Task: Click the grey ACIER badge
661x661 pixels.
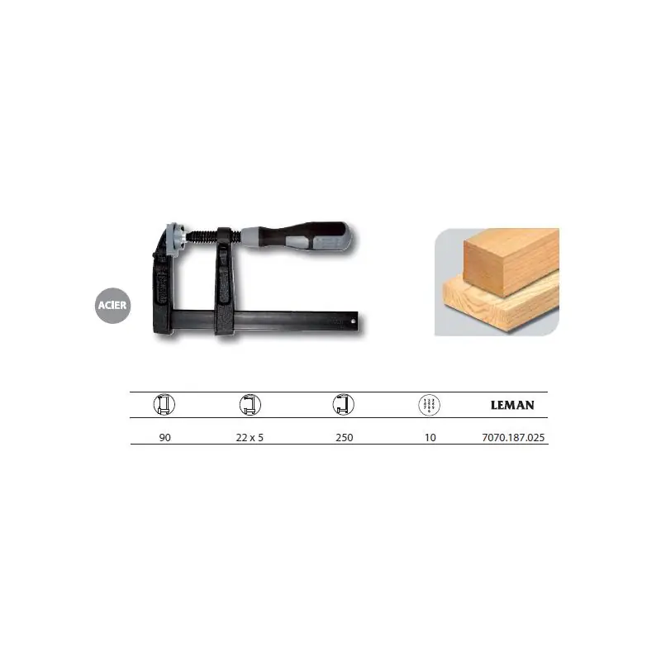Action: pos(112,305)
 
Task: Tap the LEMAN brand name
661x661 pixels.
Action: pos(512,405)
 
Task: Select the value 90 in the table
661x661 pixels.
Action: pos(164,438)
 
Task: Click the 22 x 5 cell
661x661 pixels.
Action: pos(250,438)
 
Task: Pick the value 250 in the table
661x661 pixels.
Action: pos(345,438)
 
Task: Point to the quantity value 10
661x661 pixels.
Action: pos(430,438)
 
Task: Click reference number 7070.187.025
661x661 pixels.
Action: pos(513,438)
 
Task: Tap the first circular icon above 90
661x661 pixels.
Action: pos(164,405)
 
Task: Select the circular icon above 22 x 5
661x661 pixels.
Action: pos(250,405)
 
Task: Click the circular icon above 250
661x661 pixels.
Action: pos(343,405)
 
